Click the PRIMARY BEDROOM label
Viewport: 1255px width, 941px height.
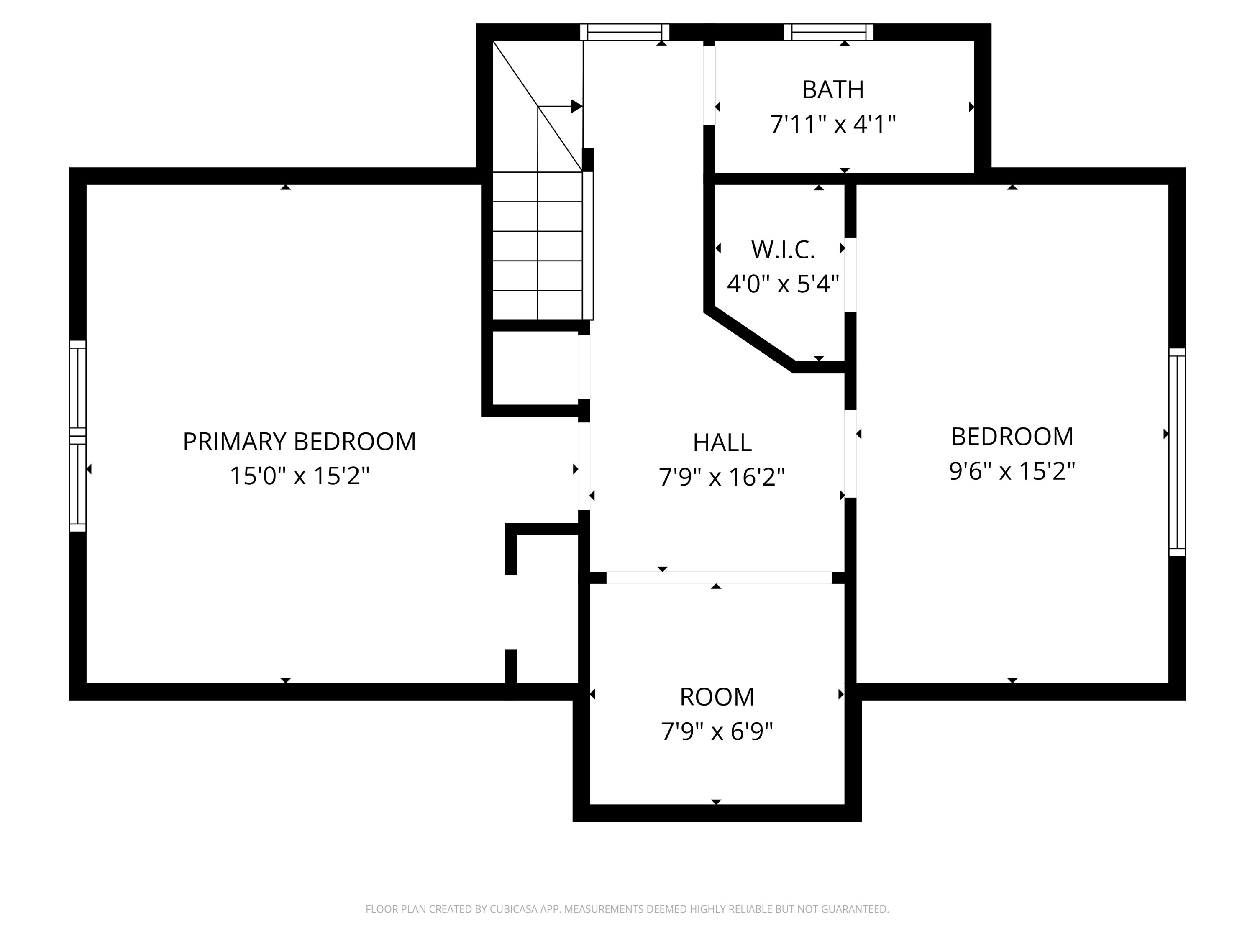click(x=299, y=441)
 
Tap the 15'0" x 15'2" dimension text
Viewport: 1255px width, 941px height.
click(x=299, y=476)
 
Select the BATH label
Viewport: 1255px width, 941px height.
click(x=833, y=89)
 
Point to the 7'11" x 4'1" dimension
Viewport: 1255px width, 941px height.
click(x=832, y=124)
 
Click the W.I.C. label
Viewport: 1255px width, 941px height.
click(x=783, y=250)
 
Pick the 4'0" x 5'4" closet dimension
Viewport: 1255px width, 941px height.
click(x=783, y=284)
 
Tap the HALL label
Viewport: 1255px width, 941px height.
click(x=722, y=442)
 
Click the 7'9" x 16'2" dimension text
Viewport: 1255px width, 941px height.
click(x=722, y=477)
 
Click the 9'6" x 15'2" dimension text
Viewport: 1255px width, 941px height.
click(x=1012, y=471)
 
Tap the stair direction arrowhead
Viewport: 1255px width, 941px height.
click(x=577, y=106)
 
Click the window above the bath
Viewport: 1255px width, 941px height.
click(x=829, y=32)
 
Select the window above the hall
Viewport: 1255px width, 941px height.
click(x=625, y=32)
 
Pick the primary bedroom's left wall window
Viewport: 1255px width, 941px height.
click(x=78, y=436)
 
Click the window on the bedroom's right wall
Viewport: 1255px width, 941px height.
click(x=1177, y=452)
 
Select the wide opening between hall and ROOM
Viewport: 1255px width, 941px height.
click(x=719, y=578)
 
